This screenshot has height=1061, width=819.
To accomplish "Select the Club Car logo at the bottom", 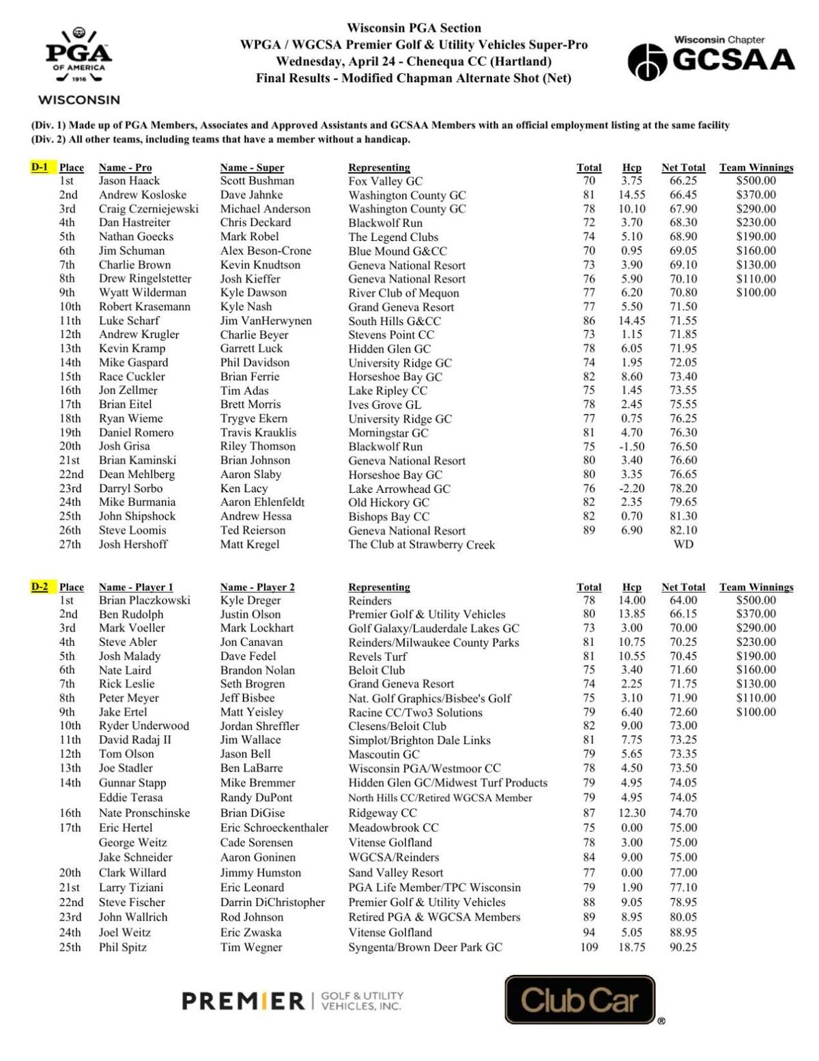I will pos(580,1000).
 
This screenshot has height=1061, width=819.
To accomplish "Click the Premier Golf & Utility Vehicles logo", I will pos(291,1001).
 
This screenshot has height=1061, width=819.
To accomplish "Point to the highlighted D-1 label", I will pos(40,167).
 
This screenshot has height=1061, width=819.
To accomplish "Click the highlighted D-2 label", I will pos(40,586).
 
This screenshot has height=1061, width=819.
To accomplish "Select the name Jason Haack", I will pos(129,181).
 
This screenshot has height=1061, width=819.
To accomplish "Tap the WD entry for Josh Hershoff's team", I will pos(682,544).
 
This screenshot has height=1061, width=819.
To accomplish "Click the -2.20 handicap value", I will pos(631,488).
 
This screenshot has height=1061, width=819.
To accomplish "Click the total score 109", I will pos(588,947).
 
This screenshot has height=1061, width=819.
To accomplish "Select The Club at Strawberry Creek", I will pos(421,545).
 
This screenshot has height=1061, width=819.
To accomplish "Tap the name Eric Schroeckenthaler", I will pos(274,827).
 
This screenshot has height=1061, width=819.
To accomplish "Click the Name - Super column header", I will pos(252,167).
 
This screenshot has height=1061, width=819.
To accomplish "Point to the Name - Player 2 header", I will pos(257,587).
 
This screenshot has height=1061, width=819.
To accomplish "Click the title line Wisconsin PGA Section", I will pos(414,28).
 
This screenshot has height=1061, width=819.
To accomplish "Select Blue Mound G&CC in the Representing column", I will pos(397,251).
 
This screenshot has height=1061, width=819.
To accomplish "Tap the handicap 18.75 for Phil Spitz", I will pos(631,947).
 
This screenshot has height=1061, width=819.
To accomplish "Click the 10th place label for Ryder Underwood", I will pos(70,726).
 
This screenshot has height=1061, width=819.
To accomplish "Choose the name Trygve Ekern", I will pos(253,419).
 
